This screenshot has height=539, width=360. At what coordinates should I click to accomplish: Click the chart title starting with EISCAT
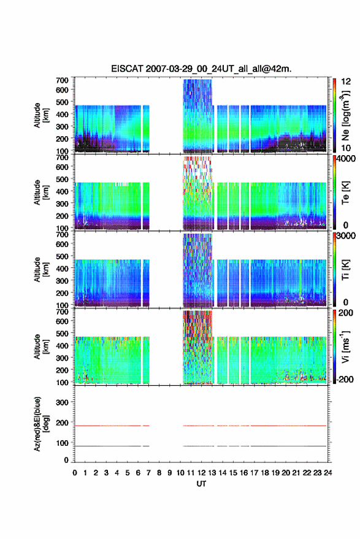(201, 69)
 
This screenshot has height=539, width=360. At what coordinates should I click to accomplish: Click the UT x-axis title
(201, 484)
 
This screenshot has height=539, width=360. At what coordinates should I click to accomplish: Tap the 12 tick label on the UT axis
(202, 473)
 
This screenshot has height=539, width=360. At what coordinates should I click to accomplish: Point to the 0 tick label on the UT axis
(75, 473)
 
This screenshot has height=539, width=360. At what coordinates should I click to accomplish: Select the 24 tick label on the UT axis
(328, 473)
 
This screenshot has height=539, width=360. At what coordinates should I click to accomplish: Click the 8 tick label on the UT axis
(159, 473)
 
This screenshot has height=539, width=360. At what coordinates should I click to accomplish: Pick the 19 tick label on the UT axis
(275, 473)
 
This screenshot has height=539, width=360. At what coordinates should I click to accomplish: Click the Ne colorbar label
(345, 115)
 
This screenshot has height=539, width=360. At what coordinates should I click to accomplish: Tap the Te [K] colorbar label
(345, 193)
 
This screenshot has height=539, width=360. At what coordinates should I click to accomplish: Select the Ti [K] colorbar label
(345, 270)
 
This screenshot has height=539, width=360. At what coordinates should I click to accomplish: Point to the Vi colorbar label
(345, 346)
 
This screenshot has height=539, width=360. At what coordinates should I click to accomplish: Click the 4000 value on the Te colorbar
(347, 159)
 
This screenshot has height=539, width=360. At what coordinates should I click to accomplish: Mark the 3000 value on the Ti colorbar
(347, 236)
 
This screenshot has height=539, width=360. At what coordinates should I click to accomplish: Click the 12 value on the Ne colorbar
(347, 82)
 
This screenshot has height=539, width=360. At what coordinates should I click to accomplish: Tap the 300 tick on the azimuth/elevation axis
(62, 402)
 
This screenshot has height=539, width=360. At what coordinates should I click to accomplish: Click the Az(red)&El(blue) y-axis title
(41, 424)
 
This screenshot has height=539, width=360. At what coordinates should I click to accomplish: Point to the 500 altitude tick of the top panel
(62, 102)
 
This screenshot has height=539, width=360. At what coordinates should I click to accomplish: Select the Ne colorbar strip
(335, 115)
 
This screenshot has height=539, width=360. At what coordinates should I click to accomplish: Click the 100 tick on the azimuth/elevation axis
(62, 443)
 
